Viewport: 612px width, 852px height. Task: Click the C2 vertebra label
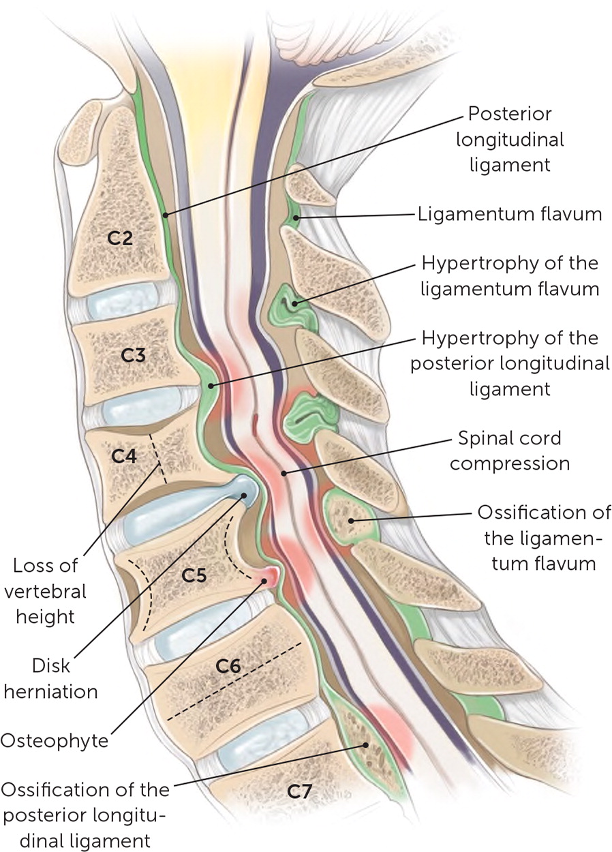122,239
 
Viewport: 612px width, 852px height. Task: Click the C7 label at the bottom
301,791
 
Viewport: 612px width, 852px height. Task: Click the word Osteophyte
54,740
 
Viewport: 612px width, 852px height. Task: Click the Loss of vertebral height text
47,590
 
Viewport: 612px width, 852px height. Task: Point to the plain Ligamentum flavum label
509,215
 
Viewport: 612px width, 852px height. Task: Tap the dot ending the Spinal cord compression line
284,472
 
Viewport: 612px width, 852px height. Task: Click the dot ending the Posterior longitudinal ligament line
166,215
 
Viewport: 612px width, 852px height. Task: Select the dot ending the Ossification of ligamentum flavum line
352,521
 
